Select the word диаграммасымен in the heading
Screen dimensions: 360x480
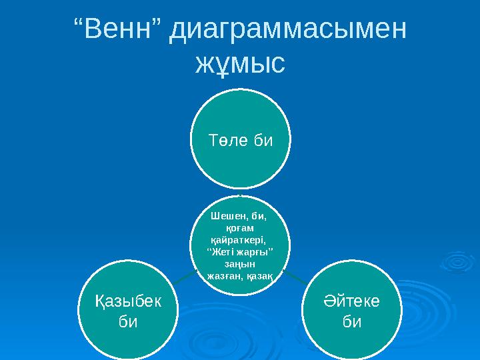tap(287, 31)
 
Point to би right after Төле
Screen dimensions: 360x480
tap(261, 141)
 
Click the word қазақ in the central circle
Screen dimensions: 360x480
tap(261, 275)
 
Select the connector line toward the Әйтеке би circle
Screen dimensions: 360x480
tap(294, 276)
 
